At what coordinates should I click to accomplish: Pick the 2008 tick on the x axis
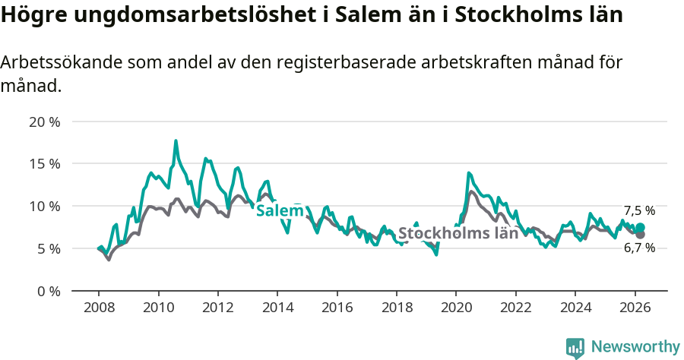pos(99,307)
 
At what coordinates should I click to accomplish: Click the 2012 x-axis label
pos(217,307)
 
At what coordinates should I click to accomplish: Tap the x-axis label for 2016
pos(337,307)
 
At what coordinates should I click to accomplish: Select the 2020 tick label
pos(455,307)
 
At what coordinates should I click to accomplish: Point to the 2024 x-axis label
pos(575,307)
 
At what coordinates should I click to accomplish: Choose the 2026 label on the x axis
pos(634,307)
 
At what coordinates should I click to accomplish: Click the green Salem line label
pos(275,211)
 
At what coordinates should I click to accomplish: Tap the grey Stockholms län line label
pos(458,233)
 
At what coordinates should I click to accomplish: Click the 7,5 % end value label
pos(639,211)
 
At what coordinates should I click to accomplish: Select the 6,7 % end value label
pos(639,248)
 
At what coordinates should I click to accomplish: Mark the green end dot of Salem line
pos(640,228)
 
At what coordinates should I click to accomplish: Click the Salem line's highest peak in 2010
pos(176,141)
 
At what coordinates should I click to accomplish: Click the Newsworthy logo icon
pos(575,347)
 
